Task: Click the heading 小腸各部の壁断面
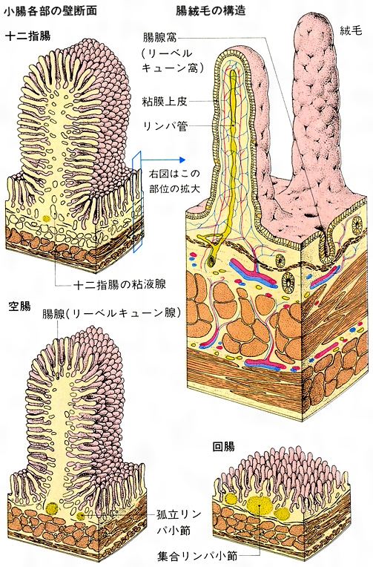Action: point(50,11)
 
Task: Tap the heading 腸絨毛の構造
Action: point(211,11)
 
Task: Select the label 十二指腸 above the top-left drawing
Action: point(27,36)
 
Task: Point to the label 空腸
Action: point(19,307)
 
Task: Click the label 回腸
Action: point(223,447)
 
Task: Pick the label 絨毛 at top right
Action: point(351,31)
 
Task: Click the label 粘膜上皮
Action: point(165,102)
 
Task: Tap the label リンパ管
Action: point(165,126)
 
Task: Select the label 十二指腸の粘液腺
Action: point(119,284)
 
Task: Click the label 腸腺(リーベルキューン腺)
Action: point(111,312)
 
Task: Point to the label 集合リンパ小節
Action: point(198,555)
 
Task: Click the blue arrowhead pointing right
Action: point(182,160)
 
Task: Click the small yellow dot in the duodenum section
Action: point(46,218)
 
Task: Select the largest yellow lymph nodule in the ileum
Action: point(260,505)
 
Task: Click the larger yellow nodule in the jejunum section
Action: point(52,508)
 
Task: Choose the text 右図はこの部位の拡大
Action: point(174,181)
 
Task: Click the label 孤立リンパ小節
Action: point(176,522)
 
